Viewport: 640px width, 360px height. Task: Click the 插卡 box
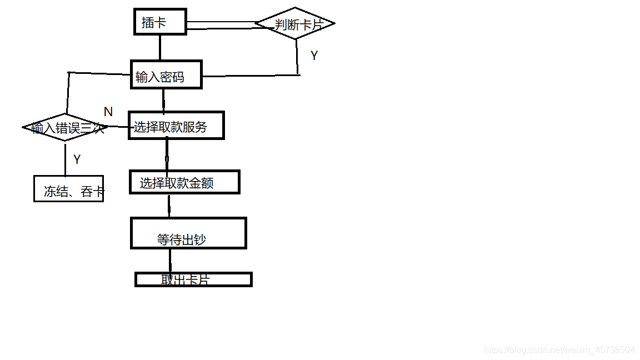[x=160, y=22]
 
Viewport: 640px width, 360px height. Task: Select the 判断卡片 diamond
[x=295, y=23]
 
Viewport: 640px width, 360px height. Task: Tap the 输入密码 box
[x=166, y=74]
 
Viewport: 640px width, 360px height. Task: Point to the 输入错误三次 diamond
[x=66, y=127]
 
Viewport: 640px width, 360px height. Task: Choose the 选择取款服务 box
[x=176, y=126]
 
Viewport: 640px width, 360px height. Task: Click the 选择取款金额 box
[x=184, y=182]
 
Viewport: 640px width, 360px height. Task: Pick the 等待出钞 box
[x=188, y=233]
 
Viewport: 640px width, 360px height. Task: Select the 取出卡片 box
[x=193, y=279]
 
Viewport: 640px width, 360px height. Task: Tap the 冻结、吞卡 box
[x=68, y=189]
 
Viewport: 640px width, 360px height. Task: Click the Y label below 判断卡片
[x=314, y=56]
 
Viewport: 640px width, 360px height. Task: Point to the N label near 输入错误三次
[x=108, y=112]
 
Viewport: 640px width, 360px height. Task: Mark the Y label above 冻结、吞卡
[x=77, y=159]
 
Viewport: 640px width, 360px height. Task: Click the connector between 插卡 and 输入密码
[x=160, y=47]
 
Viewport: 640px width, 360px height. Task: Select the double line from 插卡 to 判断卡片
[x=221, y=25]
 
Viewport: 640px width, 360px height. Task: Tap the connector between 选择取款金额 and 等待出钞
[x=169, y=206]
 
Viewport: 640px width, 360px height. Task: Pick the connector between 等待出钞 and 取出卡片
[x=170, y=260]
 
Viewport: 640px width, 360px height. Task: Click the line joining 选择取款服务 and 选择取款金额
[x=167, y=154]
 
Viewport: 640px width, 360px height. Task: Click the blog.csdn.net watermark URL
[x=559, y=350]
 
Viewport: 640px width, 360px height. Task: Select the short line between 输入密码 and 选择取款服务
[x=163, y=100]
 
